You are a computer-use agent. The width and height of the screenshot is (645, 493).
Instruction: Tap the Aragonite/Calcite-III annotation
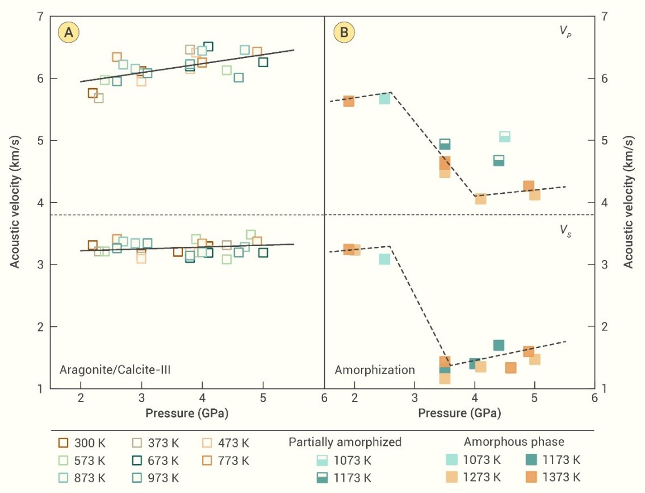click(x=115, y=370)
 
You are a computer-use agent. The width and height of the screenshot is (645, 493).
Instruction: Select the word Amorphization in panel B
click(x=375, y=370)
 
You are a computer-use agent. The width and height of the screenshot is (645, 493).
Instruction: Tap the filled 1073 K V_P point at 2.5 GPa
click(x=384, y=98)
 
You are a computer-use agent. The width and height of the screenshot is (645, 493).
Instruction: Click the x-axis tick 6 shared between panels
click(x=324, y=398)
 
